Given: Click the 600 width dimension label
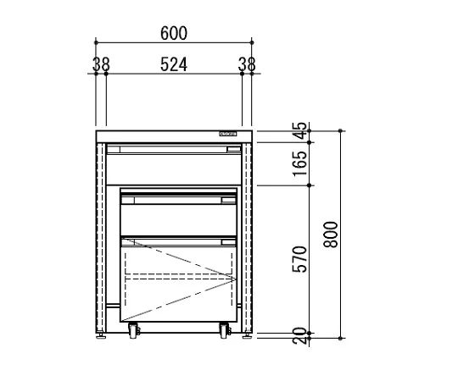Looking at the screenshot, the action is pos(174,33).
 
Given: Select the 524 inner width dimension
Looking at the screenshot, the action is pos(174,64).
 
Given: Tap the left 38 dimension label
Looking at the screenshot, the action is pos(101,64).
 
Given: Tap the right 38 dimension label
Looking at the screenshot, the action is pos(247,64).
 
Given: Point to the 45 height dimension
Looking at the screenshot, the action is pos(300,130).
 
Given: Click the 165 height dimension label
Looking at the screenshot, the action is pos(300,163).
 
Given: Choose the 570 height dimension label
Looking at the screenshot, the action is pos(300,259).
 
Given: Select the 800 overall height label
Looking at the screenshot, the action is pos(331,235).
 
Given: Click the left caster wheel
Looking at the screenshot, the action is pos(133,330).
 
